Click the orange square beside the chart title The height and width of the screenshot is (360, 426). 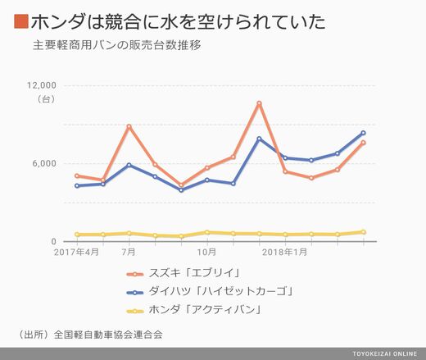tap(21, 21)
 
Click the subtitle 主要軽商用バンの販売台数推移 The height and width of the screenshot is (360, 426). tap(117, 45)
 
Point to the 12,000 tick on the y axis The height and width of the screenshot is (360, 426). tap(42, 85)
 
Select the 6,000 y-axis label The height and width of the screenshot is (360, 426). tap(44, 163)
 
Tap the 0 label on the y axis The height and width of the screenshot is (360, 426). tap(53, 241)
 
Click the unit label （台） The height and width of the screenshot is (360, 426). tap(46, 99)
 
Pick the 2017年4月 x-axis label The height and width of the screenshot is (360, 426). tap(76, 252)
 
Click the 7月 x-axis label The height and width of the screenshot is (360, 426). tap(129, 252)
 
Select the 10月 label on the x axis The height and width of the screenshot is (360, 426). tap(206, 252)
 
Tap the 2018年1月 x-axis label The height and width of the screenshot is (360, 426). tap(285, 252)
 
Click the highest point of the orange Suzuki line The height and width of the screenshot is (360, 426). tap(259, 103)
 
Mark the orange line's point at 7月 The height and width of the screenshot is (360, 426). tap(129, 126)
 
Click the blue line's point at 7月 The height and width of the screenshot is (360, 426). tap(129, 165)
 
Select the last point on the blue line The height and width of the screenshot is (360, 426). tap(363, 133)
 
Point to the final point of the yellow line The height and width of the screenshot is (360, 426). tap(363, 232)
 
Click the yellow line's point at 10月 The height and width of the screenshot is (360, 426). tap(207, 232)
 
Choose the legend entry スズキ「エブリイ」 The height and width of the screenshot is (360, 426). tap(184, 273)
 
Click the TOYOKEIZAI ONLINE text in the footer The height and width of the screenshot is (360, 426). tap(385, 353)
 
